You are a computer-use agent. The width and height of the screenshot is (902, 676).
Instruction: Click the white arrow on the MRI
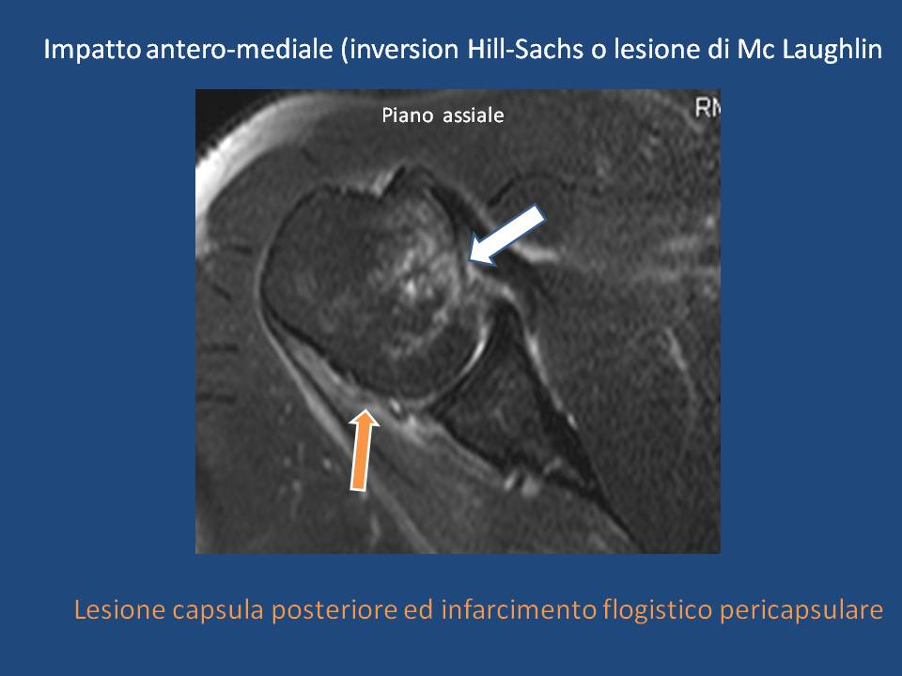click(506, 235)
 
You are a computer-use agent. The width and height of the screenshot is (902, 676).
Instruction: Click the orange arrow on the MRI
click(363, 450)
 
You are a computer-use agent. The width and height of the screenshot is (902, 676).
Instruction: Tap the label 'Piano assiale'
click(443, 115)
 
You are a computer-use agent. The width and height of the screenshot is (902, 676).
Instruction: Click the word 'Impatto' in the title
click(92, 50)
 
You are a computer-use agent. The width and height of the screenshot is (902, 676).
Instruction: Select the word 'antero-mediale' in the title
click(240, 50)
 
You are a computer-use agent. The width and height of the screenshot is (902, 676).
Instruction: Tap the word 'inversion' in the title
click(404, 50)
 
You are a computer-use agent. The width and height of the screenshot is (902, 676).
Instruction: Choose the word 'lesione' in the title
click(657, 50)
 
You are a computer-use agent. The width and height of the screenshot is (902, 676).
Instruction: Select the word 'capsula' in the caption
click(218, 610)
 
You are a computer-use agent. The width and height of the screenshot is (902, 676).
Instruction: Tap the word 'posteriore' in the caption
click(334, 610)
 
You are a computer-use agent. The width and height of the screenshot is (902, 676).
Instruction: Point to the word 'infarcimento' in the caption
click(519, 609)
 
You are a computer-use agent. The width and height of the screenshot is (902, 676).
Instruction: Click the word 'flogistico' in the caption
click(658, 610)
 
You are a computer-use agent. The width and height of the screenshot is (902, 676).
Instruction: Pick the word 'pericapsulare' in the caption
click(801, 610)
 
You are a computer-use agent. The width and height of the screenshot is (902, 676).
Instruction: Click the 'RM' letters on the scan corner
click(708, 108)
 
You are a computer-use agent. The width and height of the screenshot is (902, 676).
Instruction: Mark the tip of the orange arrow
click(365, 409)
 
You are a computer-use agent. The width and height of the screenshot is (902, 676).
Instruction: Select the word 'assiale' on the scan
click(474, 115)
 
